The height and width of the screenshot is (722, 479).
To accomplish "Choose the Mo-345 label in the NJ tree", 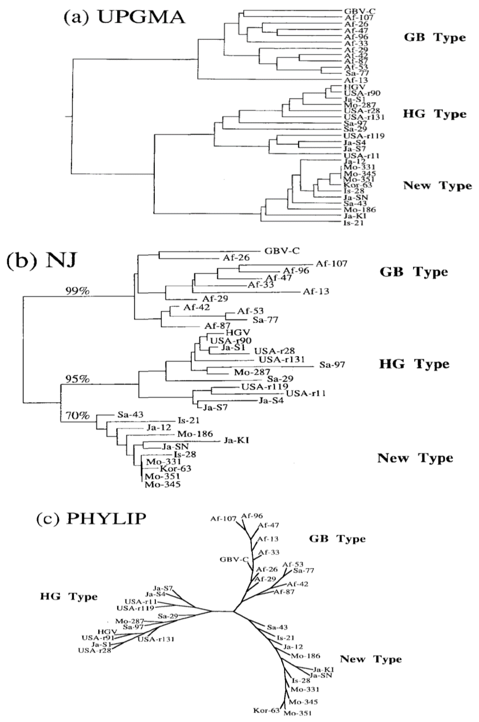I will pos(162,484).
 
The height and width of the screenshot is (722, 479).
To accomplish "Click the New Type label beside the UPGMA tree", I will pos(437,185).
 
